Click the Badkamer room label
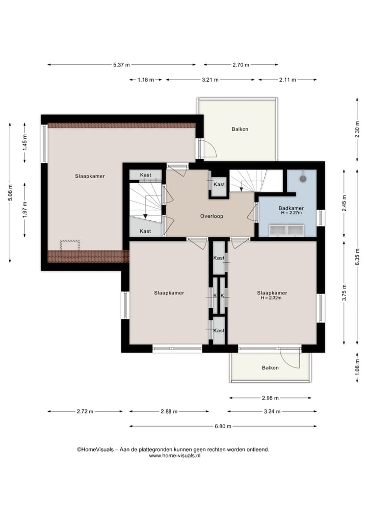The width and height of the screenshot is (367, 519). [291, 208]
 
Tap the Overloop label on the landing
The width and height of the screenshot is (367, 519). [212, 216]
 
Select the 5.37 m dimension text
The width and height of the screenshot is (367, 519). [121, 65]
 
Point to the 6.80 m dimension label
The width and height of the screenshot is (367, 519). [223, 426]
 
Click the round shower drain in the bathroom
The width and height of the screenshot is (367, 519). [303, 179]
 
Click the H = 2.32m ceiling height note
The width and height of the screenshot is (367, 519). [271, 298]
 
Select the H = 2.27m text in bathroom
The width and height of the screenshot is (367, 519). [291, 213]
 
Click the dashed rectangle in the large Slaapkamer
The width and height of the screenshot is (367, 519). [70, 245]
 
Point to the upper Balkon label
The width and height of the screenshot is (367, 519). [240, 129]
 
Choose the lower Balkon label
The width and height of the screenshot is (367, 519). [270, 368]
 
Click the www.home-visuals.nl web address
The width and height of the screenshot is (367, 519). [174, 455]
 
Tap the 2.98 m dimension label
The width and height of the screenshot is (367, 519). [270, 398]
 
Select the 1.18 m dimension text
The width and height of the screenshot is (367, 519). [146, 80]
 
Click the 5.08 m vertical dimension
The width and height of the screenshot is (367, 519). [10, 192]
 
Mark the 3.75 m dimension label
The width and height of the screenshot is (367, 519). [344, 292]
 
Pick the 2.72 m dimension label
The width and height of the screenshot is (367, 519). [85, 411]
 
